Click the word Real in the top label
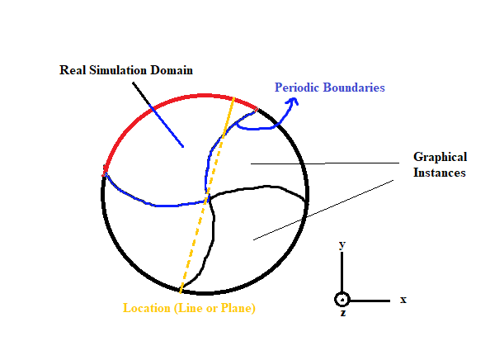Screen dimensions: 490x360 (x=73, y=70)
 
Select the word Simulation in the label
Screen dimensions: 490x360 (x=118, y=70)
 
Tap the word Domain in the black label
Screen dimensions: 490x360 (x=172, y=70)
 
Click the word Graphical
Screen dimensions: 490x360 (x=440, y=157)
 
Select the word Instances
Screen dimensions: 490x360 (x=440, y=173)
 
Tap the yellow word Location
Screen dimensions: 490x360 (x=147, y=308)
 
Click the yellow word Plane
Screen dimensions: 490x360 (x=238, y=308)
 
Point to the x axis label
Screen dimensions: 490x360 (x=403, y=300)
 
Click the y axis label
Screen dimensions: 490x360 (x=342, y=244)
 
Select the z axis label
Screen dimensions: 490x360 (x=343, y=313)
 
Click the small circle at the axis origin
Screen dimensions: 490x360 (x=342, y=300)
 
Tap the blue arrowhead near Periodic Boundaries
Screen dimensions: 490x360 (x=293, y=102)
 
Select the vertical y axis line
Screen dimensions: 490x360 (x=342, y=272)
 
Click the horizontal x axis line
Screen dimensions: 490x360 (x=370, y=301)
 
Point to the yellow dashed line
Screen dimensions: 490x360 (x=207, y=195)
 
